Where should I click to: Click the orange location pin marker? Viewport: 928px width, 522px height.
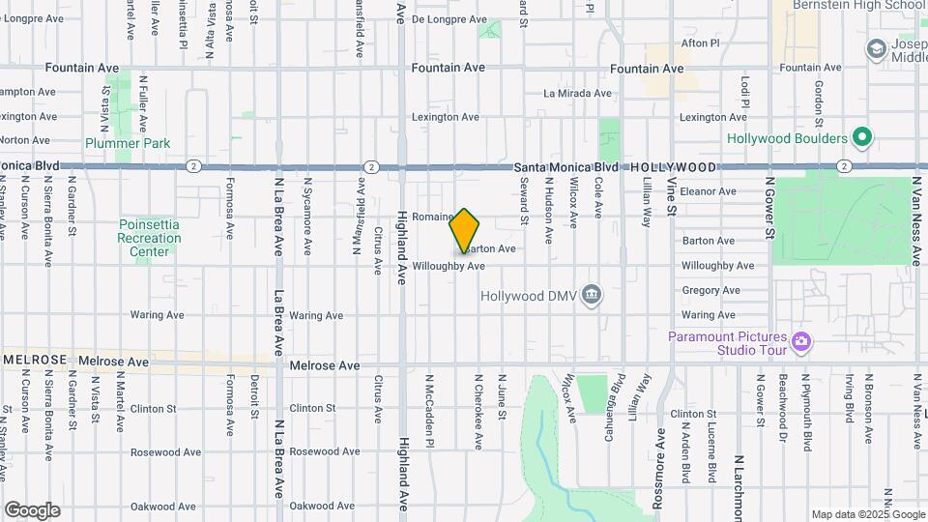pos(465,231)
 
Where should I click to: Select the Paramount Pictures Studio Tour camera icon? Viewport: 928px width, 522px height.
pos(800,341)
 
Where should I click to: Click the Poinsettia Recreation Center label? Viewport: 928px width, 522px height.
pos(150,238)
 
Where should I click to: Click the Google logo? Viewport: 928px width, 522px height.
pos(32,509)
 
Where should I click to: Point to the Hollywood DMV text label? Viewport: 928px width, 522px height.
pos(530,295)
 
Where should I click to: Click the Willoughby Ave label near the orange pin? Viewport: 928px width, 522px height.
pos(448,266)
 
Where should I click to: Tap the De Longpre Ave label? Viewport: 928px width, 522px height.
pos(446,18)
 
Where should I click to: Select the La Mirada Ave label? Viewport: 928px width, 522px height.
pos(577,94)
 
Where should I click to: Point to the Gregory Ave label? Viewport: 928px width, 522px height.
pos(710,290)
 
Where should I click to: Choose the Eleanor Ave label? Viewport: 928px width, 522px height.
pos(708,191)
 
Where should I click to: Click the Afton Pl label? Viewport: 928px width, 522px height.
pos(701,43)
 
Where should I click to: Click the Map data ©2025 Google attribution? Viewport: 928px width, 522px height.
pos(868,514)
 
